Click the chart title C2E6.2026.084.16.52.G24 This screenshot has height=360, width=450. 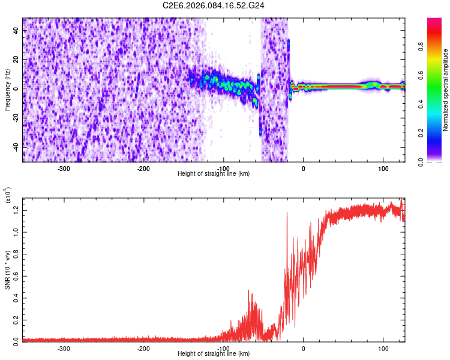214,6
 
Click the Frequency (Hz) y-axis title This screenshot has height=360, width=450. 7,89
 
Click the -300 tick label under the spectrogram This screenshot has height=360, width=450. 64,168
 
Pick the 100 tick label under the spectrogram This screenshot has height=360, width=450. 383,168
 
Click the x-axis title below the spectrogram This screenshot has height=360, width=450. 214,174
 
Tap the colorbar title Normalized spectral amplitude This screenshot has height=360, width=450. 446,89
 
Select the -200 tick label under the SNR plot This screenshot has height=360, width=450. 143,348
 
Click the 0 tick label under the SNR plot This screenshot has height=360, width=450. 303,348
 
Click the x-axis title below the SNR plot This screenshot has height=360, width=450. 214,354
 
